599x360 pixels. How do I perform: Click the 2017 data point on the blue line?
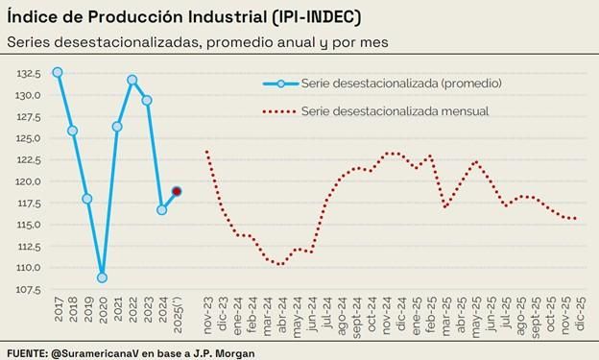coord(58,72)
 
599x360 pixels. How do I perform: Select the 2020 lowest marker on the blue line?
coord(102,277)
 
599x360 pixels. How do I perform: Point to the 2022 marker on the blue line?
coord(132,80)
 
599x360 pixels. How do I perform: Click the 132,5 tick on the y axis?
coord(28,73)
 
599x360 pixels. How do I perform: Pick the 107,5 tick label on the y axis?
coord(28,289)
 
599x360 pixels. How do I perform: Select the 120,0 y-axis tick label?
coord(28,181)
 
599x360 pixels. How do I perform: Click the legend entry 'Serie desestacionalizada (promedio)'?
coord(401,84)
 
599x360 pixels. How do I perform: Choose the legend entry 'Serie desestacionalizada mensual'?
coord(395,111)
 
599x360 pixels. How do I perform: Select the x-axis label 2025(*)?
coord(177,316)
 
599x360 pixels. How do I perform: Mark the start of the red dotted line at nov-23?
coord(207,151)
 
